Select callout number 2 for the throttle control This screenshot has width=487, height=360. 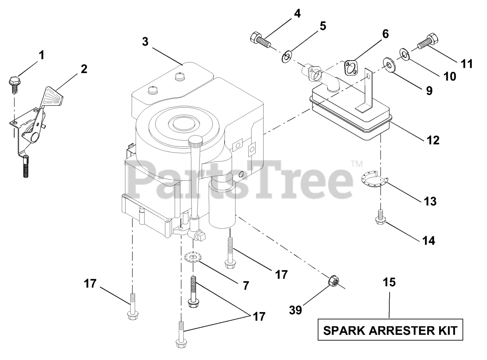84,69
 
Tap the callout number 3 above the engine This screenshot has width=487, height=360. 145,41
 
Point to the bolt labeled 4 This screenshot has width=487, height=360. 260,39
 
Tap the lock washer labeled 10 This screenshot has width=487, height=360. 404,53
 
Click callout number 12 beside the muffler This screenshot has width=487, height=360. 433,140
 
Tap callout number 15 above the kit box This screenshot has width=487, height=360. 389,282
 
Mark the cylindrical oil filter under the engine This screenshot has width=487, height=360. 223,205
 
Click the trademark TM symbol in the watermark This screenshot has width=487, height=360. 356,164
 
